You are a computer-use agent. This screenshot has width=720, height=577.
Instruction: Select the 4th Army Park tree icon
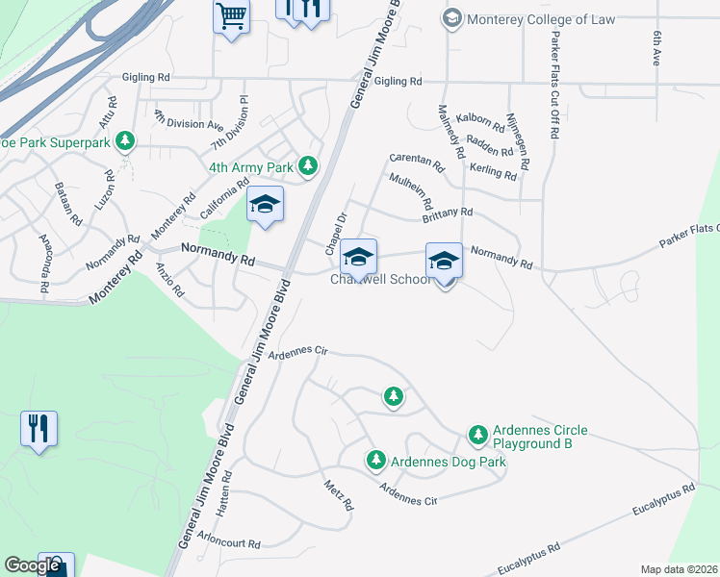tap(308, 167)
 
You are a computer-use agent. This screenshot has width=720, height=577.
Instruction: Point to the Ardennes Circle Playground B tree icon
tap(478, 436)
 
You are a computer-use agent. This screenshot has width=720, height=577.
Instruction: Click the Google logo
tap(32, 565)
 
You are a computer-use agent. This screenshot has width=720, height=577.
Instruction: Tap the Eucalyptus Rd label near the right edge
tap(663, 501)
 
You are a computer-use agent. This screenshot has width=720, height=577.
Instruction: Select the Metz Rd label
tap(340, 494)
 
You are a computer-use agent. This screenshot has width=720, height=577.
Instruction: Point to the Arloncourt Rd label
tap(228, 543)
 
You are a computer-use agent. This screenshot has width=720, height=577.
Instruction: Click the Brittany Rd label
tap(449, 212)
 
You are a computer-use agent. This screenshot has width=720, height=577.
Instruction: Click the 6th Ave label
tap(656, 46)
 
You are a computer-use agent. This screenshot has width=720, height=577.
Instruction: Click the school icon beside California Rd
tap(265, 205)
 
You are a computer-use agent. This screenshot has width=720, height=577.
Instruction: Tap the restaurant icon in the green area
tap(39, 427)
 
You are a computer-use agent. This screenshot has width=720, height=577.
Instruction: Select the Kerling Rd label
tap(494, 172)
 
